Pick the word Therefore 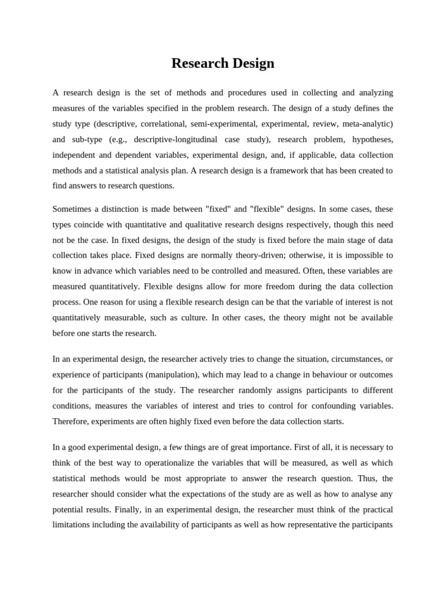click(x=70, y=422)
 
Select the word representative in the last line click(x=325, y=525)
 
